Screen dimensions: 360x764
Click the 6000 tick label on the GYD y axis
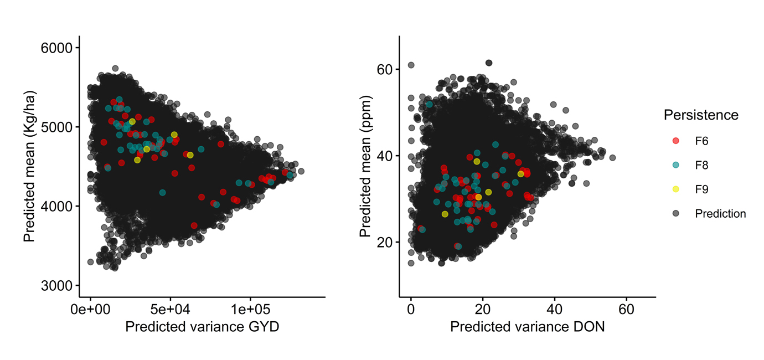56,48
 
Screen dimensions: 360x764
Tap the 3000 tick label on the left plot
56,286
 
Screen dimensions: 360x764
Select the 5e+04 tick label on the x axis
170,308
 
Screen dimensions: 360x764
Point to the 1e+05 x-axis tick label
249,308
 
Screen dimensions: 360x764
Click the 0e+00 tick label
91,308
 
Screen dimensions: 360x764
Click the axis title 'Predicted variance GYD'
202,327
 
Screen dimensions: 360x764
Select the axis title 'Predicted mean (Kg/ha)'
29,167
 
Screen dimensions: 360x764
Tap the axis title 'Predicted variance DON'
527,327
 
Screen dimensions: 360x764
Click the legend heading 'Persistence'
701,115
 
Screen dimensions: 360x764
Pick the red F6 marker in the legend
675,141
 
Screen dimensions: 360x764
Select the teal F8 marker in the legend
675,165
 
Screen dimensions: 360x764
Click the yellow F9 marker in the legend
675,189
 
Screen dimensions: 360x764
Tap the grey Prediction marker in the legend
675,214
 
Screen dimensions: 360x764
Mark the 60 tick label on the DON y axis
385,70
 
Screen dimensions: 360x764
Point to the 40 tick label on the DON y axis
385,156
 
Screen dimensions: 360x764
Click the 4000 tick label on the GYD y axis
56,207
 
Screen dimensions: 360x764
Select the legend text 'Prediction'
720,214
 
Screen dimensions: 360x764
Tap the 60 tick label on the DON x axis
626,308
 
